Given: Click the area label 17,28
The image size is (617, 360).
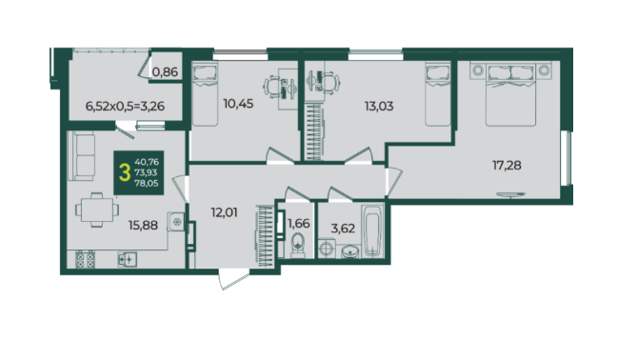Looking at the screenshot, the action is [x=507, y=166].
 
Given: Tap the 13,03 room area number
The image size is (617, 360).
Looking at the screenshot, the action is [x=379, y=107].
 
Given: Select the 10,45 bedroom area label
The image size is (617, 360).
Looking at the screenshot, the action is [x=238, y=104].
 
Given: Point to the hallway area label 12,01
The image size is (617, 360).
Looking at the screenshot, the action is [x=225, y=212].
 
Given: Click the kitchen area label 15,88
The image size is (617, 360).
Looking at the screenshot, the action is [x=143, y=225].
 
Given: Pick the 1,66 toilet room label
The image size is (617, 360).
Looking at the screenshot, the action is [x=299, y=224].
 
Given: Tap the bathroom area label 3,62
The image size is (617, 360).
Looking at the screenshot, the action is [x=343, y=229].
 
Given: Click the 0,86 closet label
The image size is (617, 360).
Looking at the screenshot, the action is [x=166, y=72].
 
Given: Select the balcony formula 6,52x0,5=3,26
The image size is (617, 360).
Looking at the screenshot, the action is [x=125, y=107].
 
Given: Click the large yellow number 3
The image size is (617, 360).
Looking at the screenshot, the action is [x=125, y=172].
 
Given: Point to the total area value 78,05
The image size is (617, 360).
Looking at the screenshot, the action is [x=147, y=183].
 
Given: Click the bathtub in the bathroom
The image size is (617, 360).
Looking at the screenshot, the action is [x=372, y=230].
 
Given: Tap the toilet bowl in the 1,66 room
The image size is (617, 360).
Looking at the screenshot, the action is [x=298, y=245].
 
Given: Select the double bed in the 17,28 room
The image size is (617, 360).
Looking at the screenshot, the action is [x=510, y=95].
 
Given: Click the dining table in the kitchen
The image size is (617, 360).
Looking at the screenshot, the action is [x=97, y=210].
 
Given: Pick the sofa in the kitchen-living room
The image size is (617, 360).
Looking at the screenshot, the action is [x=82, y=156].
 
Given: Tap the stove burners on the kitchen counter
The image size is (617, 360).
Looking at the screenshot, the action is [x=86, y=259].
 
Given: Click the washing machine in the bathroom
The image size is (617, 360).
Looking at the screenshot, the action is [x=327, y=249].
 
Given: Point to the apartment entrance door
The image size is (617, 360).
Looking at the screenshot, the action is [x=235, y=280].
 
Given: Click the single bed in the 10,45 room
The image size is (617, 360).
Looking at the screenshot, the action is [x=205, y=95].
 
